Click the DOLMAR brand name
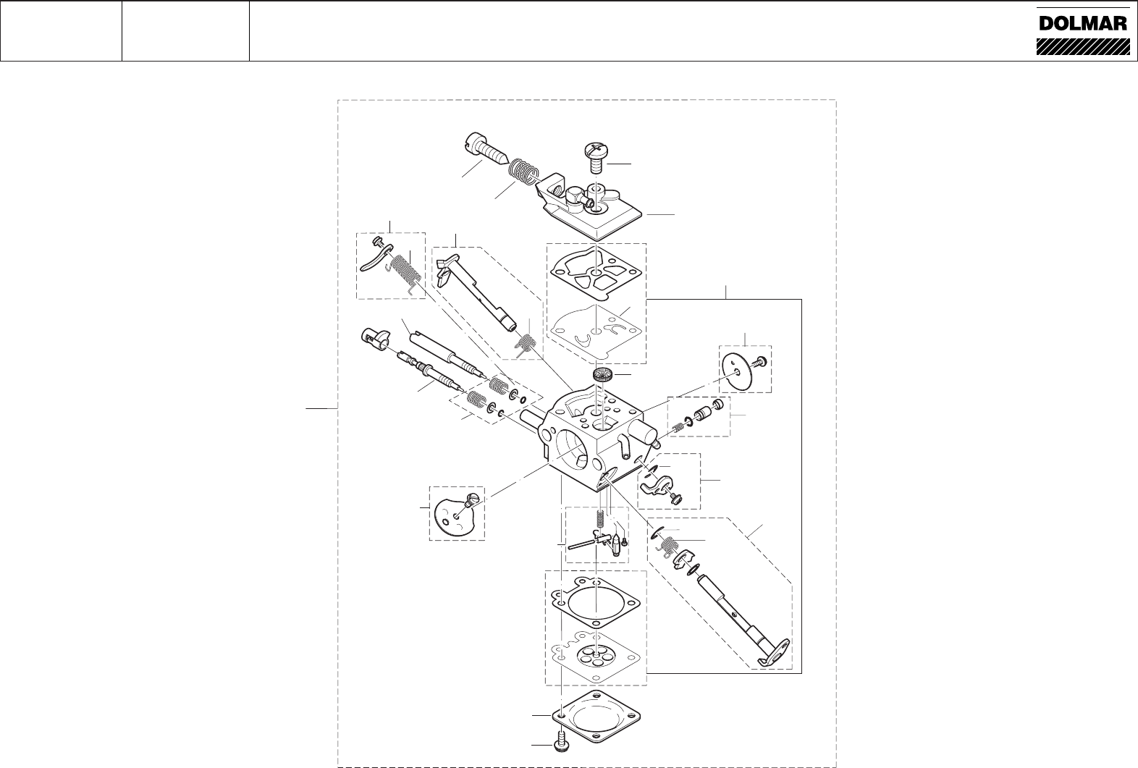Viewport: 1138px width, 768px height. click(1082, 23)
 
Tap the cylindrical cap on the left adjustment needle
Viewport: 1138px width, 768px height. click(374, 337)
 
